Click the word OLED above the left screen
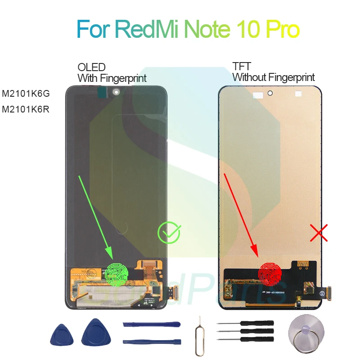(x=92, y=67)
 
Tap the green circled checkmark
(x=169, y=233)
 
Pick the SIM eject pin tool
(x=198, y=334)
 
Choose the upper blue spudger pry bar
(x=151, y=324)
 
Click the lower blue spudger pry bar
(x=151, y=342)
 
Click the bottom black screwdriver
(x=245, y=339)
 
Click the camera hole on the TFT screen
(x=270, y=94)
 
